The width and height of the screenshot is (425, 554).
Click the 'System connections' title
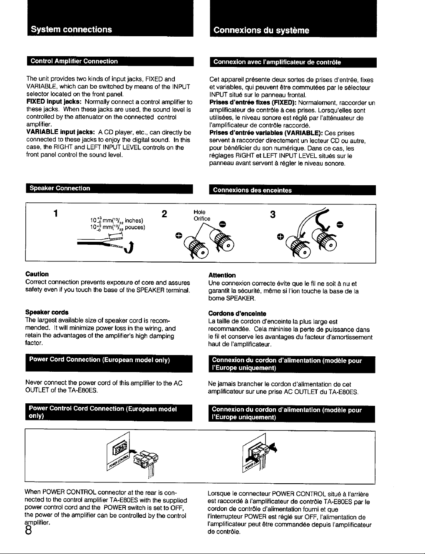click(71, 29)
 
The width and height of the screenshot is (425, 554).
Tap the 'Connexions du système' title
click(261, 30)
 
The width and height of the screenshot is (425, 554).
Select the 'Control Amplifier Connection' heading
click(74, 61)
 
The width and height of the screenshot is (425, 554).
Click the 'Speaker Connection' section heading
click(60, 188)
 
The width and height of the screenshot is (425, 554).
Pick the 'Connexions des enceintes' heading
click(252, 190)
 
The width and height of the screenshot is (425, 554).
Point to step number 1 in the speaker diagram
click(56, 213)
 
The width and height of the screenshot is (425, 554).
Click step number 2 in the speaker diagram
click(164, 214)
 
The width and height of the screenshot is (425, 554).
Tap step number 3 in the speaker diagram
click(273, 215)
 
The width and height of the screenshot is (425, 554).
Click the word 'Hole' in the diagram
click(199, 212)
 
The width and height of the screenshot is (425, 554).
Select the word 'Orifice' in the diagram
click(202, 219)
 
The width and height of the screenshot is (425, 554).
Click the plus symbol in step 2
click(179, 236)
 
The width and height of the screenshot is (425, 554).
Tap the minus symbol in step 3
click(340, 225)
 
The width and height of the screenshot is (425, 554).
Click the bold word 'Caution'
click(37, 274)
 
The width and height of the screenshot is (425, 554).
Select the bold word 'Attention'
click(222, 276)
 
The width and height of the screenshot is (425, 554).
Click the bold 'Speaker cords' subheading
click(47, 312)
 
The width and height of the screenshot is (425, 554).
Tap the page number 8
click(29, 531)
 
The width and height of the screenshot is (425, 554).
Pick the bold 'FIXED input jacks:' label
click(54, 102)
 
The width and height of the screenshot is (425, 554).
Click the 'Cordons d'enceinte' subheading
click(237, 313)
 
